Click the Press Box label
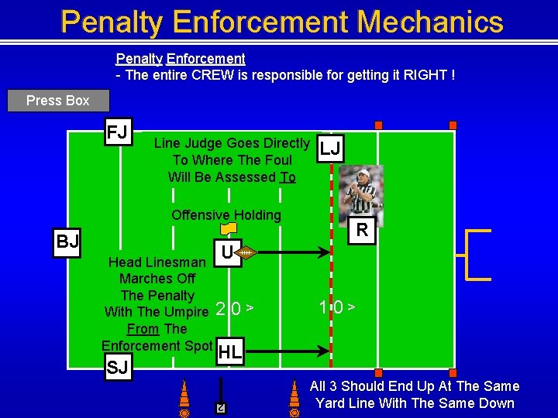tap(58, 101)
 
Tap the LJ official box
tap(330, 149)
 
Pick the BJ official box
tap(67, 242)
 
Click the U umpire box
tap(226, 252)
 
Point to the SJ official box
tap(117, 368)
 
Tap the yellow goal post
tap(474, 254)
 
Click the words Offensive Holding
tap(226, 215)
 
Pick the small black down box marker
tap(221, 408)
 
